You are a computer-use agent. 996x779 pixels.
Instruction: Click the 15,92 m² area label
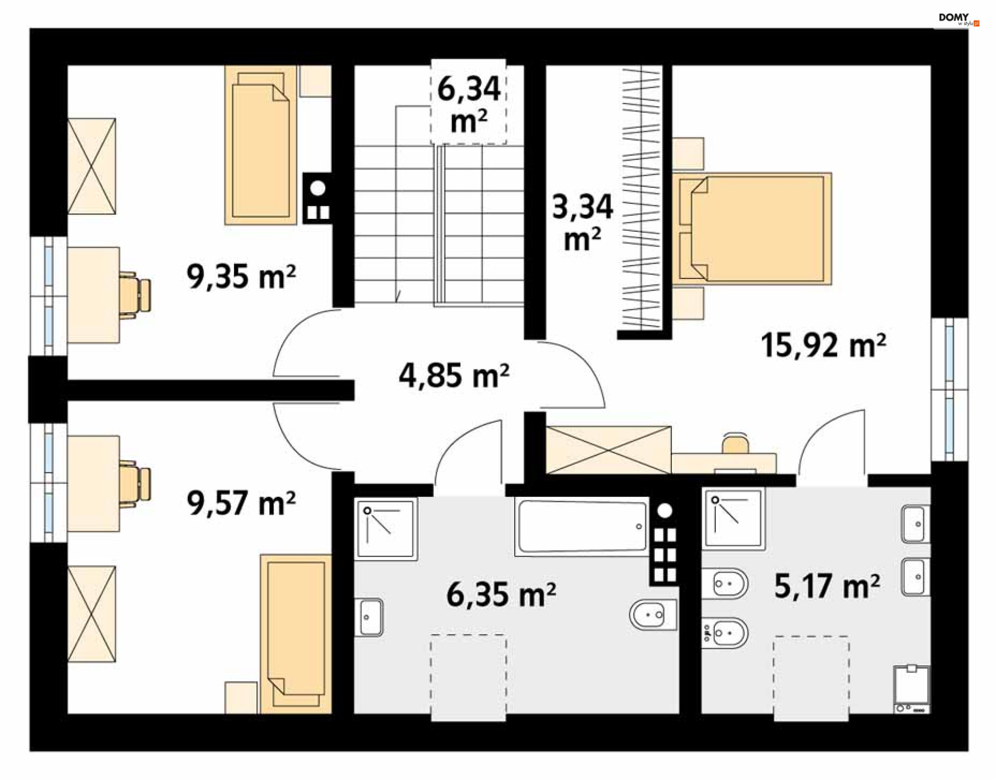[x=823, y=345]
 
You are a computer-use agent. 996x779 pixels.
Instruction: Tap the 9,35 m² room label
[x=241, y=276]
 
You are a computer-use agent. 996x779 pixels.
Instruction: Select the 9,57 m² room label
[x=241, y=503]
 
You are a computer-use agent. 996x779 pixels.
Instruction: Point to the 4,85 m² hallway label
[x=454, y=375]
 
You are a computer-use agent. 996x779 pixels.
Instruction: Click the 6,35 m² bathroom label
[x=501, y=594]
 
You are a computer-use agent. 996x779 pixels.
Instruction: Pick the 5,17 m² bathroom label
[x=827, y=586]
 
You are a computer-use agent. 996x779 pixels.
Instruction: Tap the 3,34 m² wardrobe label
[x=583, y=222]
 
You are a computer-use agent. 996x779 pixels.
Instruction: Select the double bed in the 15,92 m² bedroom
[x=752, y=229]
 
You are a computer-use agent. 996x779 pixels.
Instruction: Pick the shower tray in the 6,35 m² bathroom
[x=386, y=530]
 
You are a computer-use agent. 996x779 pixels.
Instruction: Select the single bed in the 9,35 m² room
[x=260, y=145]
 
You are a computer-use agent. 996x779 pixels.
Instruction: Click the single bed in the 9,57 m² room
[x=296, y=634]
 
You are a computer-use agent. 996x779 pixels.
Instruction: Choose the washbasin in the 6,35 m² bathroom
[x=369, y=617]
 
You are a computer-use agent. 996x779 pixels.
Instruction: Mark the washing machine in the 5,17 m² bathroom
[x=912, y=689]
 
